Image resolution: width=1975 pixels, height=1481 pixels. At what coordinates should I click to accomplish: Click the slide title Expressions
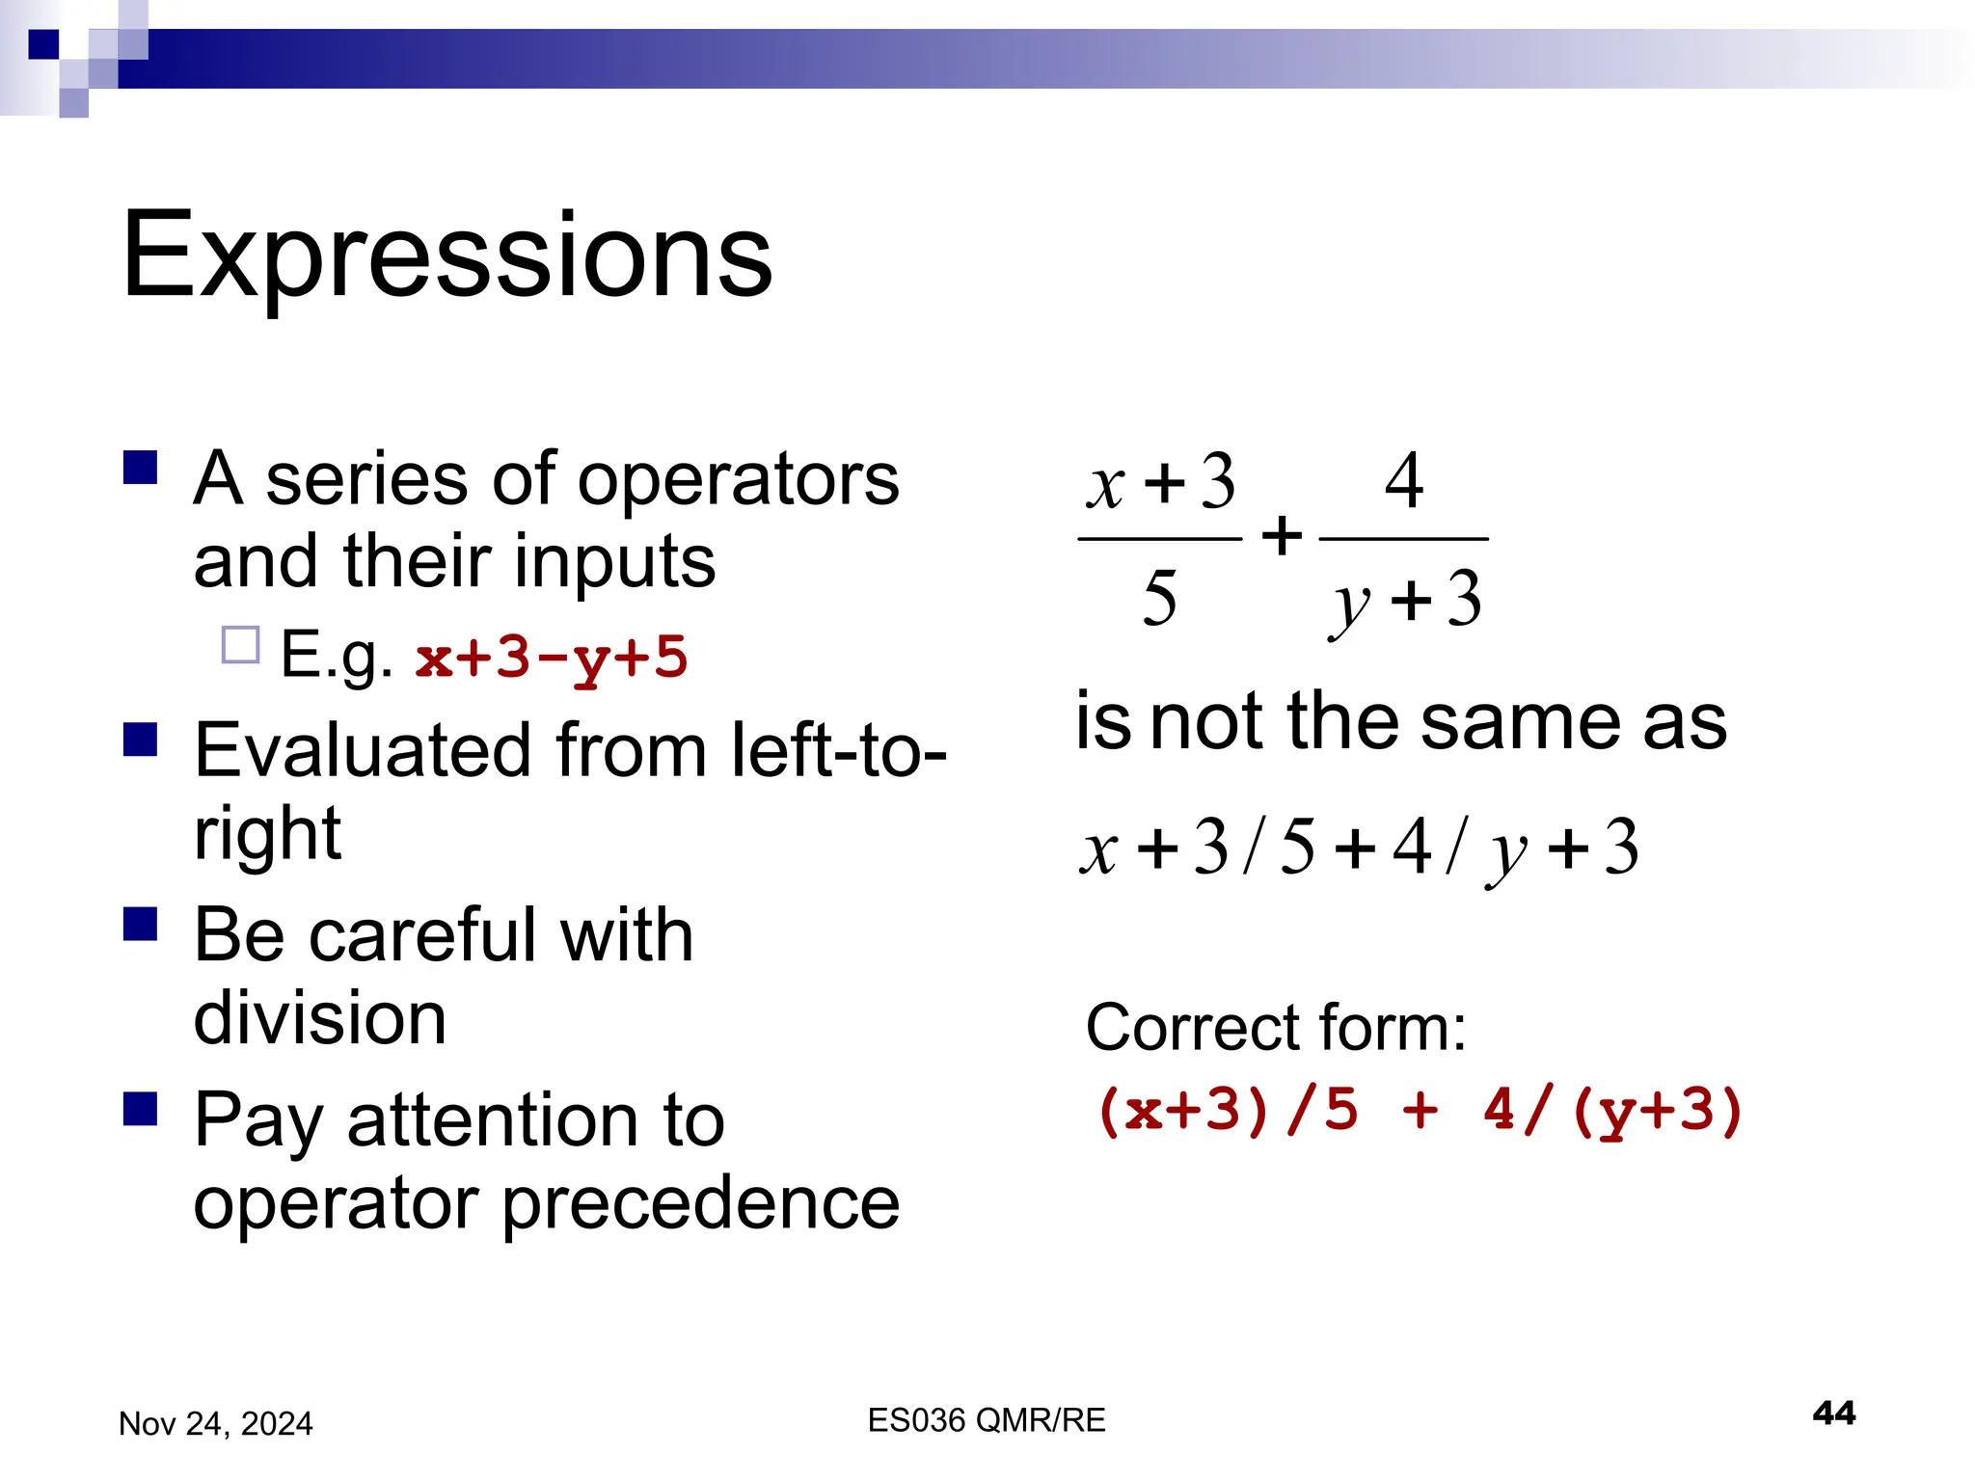[x=446, y=256]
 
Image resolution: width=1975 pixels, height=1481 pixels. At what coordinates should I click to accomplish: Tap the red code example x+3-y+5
[x=552, y=658]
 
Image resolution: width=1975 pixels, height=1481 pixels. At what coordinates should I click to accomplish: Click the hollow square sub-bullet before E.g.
[x=240, y=645]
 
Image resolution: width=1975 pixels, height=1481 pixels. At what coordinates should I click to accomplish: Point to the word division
[x=319, y=1018]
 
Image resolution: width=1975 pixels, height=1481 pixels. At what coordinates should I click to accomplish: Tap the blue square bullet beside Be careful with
[x=141, y=924]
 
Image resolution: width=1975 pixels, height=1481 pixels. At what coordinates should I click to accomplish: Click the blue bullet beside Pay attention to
[x=141, y=1109]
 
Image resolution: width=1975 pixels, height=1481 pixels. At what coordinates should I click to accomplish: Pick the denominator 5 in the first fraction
[x=1159, y=598]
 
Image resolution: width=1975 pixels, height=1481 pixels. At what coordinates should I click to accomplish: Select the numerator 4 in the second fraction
[x=1403, y=481]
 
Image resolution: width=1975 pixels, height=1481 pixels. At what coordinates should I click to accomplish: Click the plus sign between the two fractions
[x=1282, y=536]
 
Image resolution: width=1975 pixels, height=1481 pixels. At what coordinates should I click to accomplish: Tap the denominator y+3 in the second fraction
[x=1406, y=600]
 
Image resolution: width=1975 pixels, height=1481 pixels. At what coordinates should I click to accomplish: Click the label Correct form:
[x=1275, y=1028]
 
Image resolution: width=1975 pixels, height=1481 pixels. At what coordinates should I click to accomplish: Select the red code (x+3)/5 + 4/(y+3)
[x=1420, y=1110]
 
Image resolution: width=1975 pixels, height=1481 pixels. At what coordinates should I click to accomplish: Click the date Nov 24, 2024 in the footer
[x=215, y=1424]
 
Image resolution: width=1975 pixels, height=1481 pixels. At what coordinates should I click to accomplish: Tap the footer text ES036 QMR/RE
[x=986, y=1420]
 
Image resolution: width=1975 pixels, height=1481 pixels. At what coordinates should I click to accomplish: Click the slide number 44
[x=1833, y=1414]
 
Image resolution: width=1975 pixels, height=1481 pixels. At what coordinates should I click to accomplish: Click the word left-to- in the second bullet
[x=838, y=751]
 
